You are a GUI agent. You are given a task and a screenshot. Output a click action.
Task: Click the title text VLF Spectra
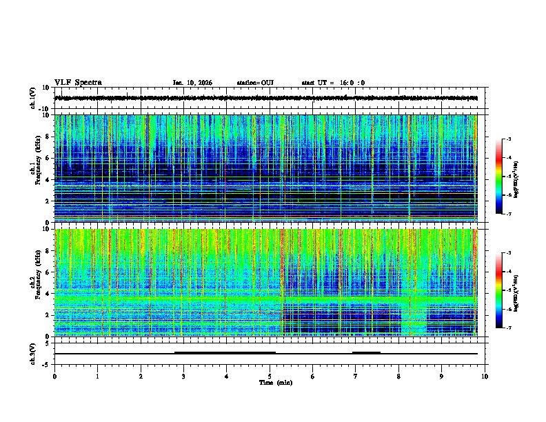78,83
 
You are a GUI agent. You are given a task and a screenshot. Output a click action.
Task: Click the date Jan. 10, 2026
192,83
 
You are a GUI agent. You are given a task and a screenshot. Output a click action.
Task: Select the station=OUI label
255,83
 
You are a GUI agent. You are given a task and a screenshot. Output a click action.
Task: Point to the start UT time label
333,83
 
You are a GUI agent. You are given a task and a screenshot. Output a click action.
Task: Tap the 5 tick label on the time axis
270,376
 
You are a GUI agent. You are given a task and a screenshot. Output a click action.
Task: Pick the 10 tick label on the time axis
485,376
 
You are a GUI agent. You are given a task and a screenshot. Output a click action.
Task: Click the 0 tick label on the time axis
54,376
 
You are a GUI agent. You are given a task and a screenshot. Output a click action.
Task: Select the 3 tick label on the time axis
183,376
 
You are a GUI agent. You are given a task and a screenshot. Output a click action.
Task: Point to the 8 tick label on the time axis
398,376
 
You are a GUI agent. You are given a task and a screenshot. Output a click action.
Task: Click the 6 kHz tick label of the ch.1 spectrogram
45,158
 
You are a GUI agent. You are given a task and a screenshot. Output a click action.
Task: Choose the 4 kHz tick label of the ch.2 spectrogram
45,293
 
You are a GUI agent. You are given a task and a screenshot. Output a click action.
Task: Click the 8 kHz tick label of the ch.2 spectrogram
45,250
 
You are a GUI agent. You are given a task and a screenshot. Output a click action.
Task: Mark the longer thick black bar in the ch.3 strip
225,352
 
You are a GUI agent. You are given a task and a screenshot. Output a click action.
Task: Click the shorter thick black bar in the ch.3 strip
366,352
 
